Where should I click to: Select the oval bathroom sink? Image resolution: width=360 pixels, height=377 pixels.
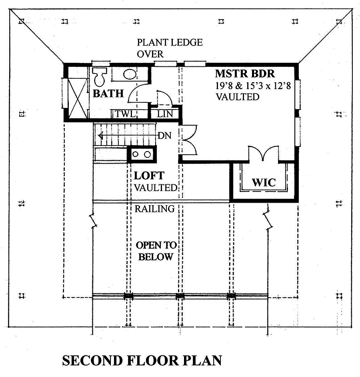pos(129,74)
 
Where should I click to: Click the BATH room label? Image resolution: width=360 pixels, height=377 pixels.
pos(108,94)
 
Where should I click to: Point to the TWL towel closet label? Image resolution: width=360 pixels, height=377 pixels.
pos(124,114)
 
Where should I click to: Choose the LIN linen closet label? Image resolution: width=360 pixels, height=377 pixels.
pos(165,114)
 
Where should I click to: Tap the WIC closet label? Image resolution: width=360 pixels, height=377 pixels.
pos(264,183)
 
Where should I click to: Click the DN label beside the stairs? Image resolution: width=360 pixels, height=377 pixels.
pos(164,136)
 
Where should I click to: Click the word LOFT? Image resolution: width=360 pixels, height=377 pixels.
pos(149,176)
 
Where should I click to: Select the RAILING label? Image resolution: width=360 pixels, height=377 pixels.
pos(154,209)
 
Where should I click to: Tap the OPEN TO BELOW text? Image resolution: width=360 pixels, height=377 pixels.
pos(156,251)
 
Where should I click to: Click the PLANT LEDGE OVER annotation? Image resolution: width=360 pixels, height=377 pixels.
pos(170,48)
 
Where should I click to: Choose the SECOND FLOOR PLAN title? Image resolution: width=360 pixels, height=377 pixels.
pos(142,361)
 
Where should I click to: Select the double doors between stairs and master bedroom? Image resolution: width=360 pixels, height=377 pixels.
pos(187,140)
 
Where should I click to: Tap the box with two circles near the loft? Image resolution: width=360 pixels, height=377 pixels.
pos(142,154)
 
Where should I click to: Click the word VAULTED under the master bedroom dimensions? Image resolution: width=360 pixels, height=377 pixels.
pos(238,97)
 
